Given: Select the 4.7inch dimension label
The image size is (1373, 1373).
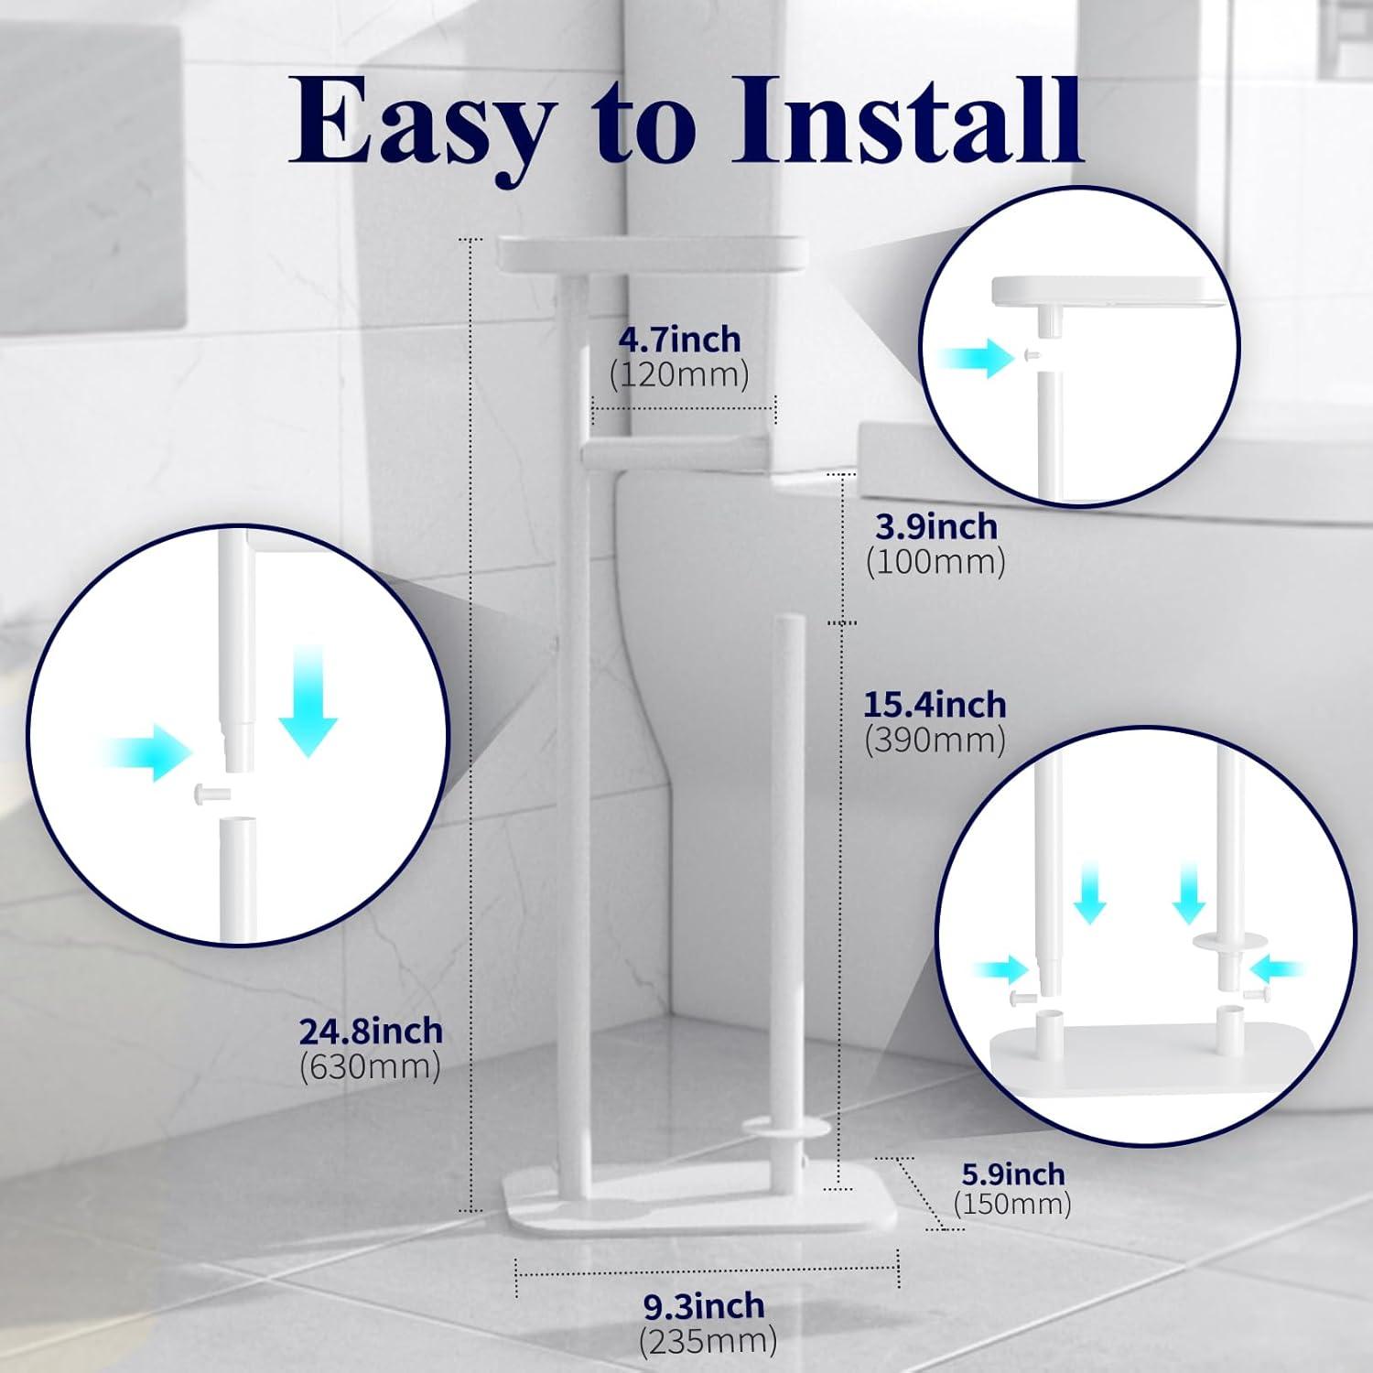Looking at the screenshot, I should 679,340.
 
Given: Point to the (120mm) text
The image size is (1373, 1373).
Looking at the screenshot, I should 679,374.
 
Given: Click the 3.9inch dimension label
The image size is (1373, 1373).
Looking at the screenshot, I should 935,526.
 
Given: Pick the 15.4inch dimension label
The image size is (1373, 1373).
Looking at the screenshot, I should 935,705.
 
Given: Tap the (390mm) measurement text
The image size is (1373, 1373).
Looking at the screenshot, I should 935,740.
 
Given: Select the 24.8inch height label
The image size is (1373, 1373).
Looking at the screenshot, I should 371,1032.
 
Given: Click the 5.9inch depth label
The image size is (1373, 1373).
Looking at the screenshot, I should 1012,1173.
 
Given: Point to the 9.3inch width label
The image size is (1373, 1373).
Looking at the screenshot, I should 704,1305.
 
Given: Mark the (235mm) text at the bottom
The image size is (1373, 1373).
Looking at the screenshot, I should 708,1342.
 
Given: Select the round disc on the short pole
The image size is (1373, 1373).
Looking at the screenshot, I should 785,1130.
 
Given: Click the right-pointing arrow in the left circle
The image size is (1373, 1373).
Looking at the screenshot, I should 146,752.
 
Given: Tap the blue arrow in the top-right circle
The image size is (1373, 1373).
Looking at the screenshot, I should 976,358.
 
